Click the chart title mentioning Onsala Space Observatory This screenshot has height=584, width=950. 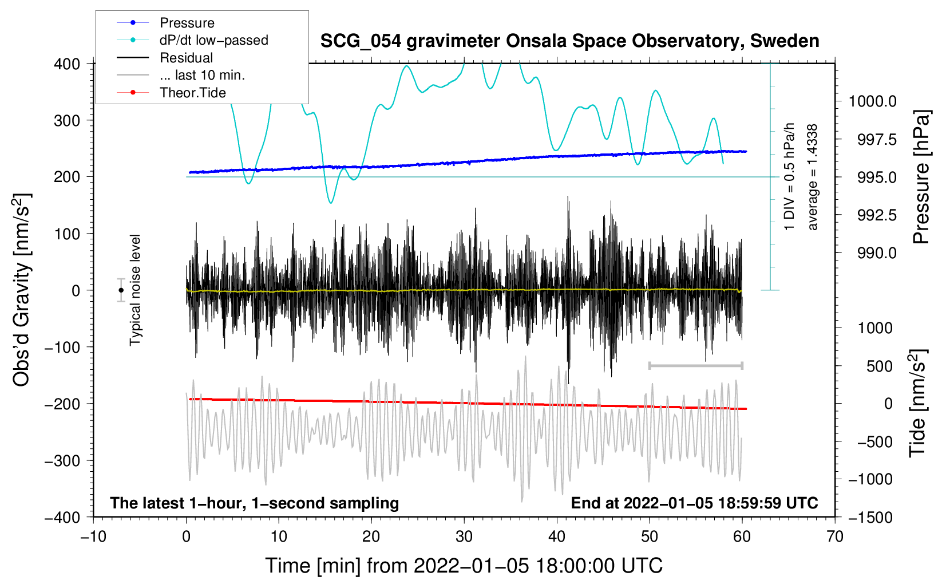click(x=569, y=41)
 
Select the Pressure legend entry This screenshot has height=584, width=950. click(x=187, y=23)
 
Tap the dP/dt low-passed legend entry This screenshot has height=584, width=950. click(x=213, y=40)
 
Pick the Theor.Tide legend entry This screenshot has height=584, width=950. click(x=193, y=93)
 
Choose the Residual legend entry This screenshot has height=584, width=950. click(x=186, y=58)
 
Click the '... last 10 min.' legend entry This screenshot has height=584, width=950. click(x=202, y=75)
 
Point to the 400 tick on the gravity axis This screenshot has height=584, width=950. click(x=68, y=64)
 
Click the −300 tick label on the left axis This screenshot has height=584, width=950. click(x=62, y=460)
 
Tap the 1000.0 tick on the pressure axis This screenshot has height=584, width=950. click(x=872, y=101)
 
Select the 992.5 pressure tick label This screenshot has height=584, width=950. click(x=877, y=215)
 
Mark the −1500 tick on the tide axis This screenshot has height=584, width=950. click(x=870, y=517)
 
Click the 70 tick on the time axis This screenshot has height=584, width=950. click(x=835, y=536)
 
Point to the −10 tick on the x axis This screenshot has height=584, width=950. click(x=93, y=536)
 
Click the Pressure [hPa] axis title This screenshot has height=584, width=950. click(x=921, y=177)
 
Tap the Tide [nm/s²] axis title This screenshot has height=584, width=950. click(x=917, y=404)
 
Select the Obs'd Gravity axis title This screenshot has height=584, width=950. click(x=21, y=290)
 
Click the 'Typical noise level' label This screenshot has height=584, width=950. click(x=135, y=290)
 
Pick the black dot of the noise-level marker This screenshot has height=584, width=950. click(x=121, y=290)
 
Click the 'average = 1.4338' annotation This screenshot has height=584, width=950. click(x=813, y=177)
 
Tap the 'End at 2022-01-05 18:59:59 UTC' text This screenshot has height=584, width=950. click(x=694, y=503)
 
